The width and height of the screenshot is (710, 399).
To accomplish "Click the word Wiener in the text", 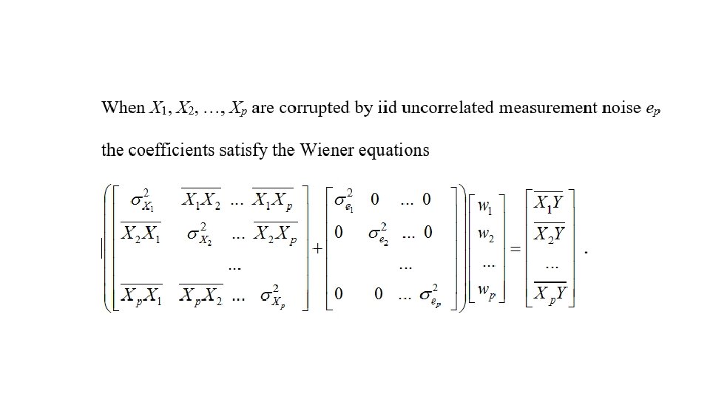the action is pos(328,151).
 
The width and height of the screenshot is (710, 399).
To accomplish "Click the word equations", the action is pos(394,151).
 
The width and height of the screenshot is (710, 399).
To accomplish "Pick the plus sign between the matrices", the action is pos(316,250).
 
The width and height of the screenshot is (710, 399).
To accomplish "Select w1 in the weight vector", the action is pos(486,207).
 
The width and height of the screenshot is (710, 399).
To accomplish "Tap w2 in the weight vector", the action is pos(486,236).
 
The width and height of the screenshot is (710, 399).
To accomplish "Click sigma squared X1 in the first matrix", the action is pos(143,202).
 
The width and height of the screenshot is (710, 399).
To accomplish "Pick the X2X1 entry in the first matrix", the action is pos(142,234).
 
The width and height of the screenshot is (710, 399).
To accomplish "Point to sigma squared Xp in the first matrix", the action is pos(271,295).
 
